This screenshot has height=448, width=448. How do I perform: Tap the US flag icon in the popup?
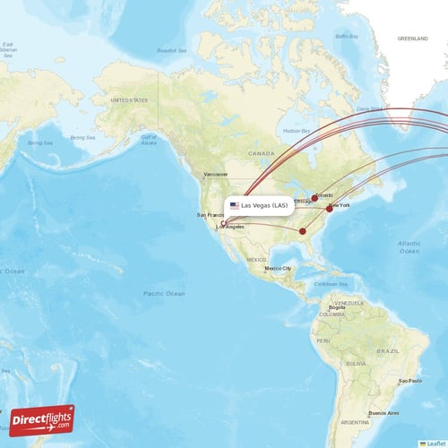coord(235,205)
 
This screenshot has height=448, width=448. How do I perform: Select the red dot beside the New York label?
coord(330,209)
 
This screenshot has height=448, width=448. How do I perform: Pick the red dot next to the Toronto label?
coord(314,198)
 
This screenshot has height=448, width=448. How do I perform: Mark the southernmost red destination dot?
coord(303,231)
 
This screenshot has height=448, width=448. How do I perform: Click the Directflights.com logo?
coord(42,420)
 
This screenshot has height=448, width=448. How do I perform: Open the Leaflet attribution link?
coord(437,443)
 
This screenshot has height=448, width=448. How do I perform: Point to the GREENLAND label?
coord(413,39)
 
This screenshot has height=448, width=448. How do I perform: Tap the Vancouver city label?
coord(215,175)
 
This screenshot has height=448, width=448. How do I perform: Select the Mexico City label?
coord(278,268)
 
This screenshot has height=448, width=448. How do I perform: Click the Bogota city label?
coord(337,307)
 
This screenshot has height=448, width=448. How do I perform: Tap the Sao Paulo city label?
coord(409,381)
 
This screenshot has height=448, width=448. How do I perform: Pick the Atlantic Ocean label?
coord(409,247)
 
